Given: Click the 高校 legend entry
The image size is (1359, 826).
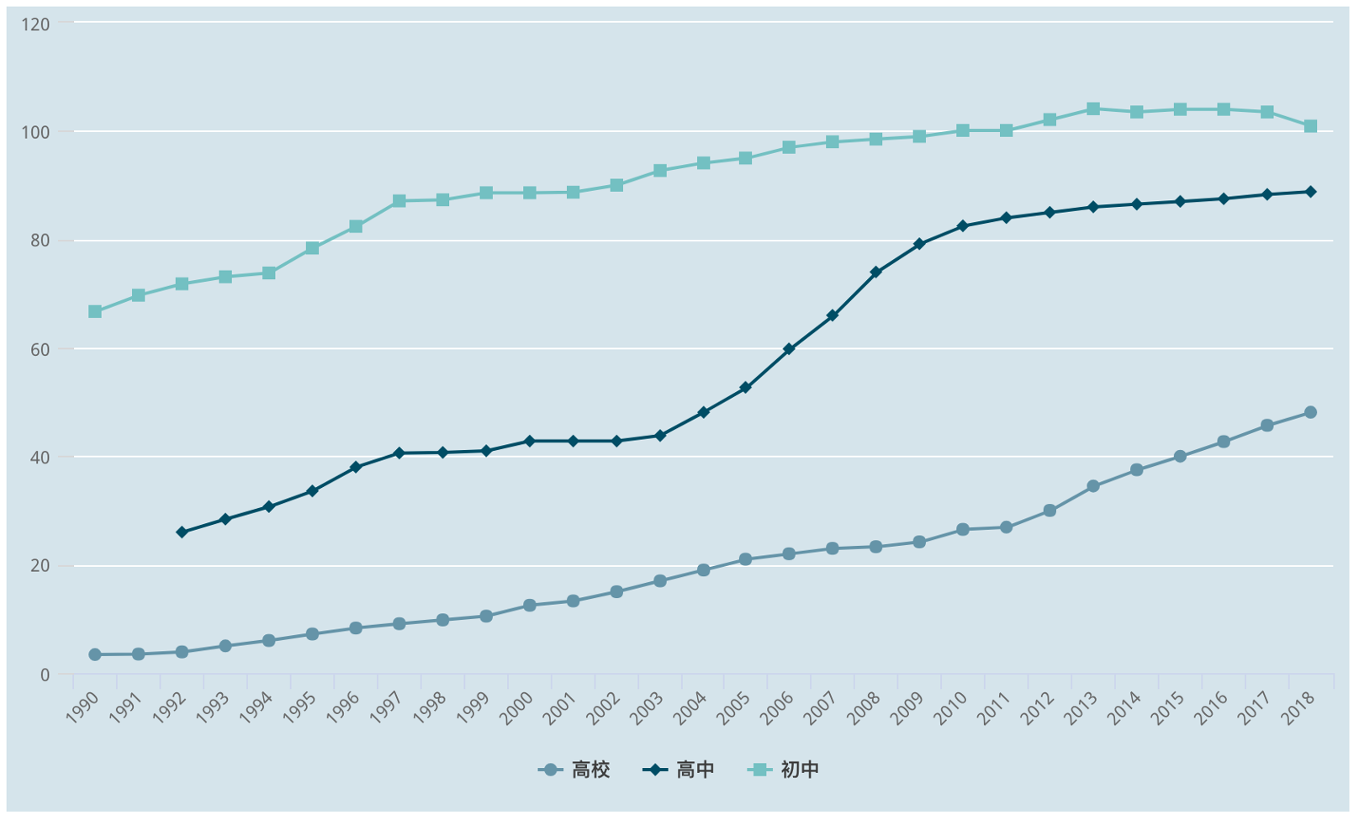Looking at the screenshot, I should coord(574,770).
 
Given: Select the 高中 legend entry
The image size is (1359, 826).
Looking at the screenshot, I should coord(679,770).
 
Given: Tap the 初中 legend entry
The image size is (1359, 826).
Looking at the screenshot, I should coord(783,770).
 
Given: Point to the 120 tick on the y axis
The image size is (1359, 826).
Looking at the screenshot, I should coord(37,24).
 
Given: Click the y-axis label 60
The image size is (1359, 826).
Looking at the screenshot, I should coord(40,349).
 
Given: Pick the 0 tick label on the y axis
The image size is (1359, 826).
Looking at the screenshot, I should coord(45,675).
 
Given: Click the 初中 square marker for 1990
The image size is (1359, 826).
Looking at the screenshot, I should coord(95,312).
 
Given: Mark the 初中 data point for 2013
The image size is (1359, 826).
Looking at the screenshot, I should coord(1093,109).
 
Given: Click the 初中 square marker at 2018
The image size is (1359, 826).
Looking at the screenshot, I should coord(1310,126).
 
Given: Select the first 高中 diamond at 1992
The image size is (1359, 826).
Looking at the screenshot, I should coord(182,532).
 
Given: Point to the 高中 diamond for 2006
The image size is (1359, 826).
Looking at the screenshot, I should coord(789,349).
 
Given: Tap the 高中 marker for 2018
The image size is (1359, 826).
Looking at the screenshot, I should coord(1310,192).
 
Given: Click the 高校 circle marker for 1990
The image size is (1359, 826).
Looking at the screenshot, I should coord(95,654).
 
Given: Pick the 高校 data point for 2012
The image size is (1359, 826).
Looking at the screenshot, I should coord(1050,511).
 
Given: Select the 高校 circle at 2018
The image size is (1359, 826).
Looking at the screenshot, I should coord(1310,413).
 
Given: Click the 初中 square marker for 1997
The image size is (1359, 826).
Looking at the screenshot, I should coord(399,201).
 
